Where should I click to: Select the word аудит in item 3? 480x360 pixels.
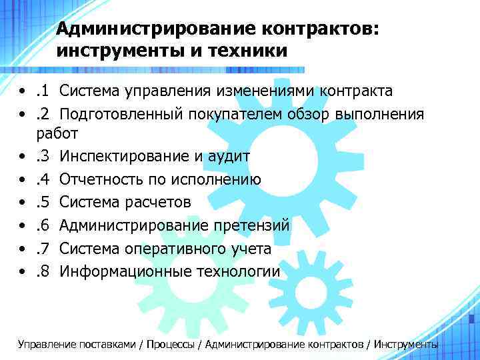point(229,157)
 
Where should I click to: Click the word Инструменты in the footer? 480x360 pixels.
point(407,345)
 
